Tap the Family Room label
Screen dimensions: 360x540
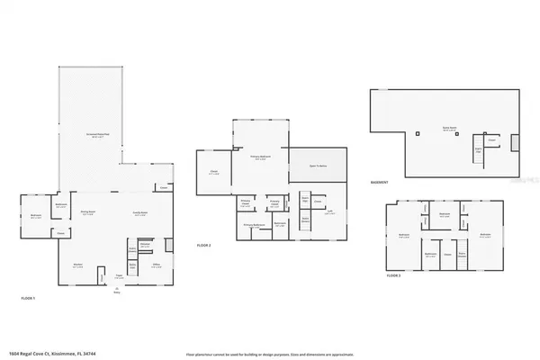[x=139, y=211]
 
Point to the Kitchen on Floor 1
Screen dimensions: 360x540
[x=79, y=265]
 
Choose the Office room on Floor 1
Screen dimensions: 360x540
[x=156, y=265]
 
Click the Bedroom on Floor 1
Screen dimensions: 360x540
[x=36, y=216]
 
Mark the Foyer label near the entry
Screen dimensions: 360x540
[x=119, y=276]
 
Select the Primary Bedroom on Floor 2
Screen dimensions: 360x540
[x=260, y=157]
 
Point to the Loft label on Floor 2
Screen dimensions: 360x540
[x=329, y=211]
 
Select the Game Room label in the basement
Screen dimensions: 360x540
[x=447, y=130]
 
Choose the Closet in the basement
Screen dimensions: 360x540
[x=491, y=140]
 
